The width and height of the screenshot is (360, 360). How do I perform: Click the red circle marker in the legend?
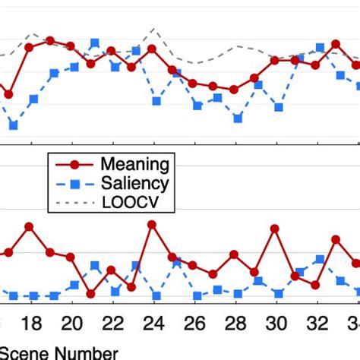pos(74,164)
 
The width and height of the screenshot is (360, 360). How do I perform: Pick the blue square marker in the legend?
pos(74,183)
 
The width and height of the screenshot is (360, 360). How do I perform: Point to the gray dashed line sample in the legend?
pos(74,203)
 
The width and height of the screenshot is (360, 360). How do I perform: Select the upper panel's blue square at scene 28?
pos(238,118)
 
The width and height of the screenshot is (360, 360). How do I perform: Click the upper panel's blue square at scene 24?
pos(156,101)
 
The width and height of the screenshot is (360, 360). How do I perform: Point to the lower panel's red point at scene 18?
pos(29,226)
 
